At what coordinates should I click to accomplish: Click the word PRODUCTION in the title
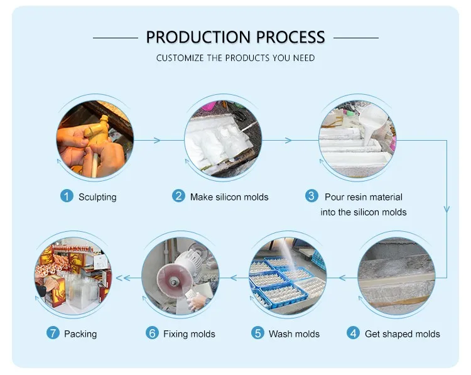click(198, 37)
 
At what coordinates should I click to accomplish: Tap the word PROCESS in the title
click(291, 37)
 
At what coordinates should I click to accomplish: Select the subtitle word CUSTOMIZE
click(180, 58)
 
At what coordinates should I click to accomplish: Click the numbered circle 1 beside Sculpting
click(67, 196)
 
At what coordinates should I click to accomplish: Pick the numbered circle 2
click(178, 196)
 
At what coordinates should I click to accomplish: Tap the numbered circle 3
click(311, 196)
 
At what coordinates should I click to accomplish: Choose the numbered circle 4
click(353, 333)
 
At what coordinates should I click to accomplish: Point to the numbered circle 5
click(257, 333)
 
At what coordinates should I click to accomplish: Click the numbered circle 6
click(153, 333)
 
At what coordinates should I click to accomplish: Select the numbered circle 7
click(53, 333)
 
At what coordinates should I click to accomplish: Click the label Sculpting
click(97, 197)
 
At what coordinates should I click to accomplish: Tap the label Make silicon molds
click(229, 197)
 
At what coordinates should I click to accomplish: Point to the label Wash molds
click(294, 334)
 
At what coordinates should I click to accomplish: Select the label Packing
click(80, 334)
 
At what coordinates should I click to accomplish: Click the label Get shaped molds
click(402, 334)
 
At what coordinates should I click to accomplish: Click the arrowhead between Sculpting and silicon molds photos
click(157, 140)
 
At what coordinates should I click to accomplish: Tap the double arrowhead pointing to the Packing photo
click(123, 278)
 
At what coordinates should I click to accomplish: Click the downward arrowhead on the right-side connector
click(447, 209)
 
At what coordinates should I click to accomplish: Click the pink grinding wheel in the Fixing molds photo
click(170, 280)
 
